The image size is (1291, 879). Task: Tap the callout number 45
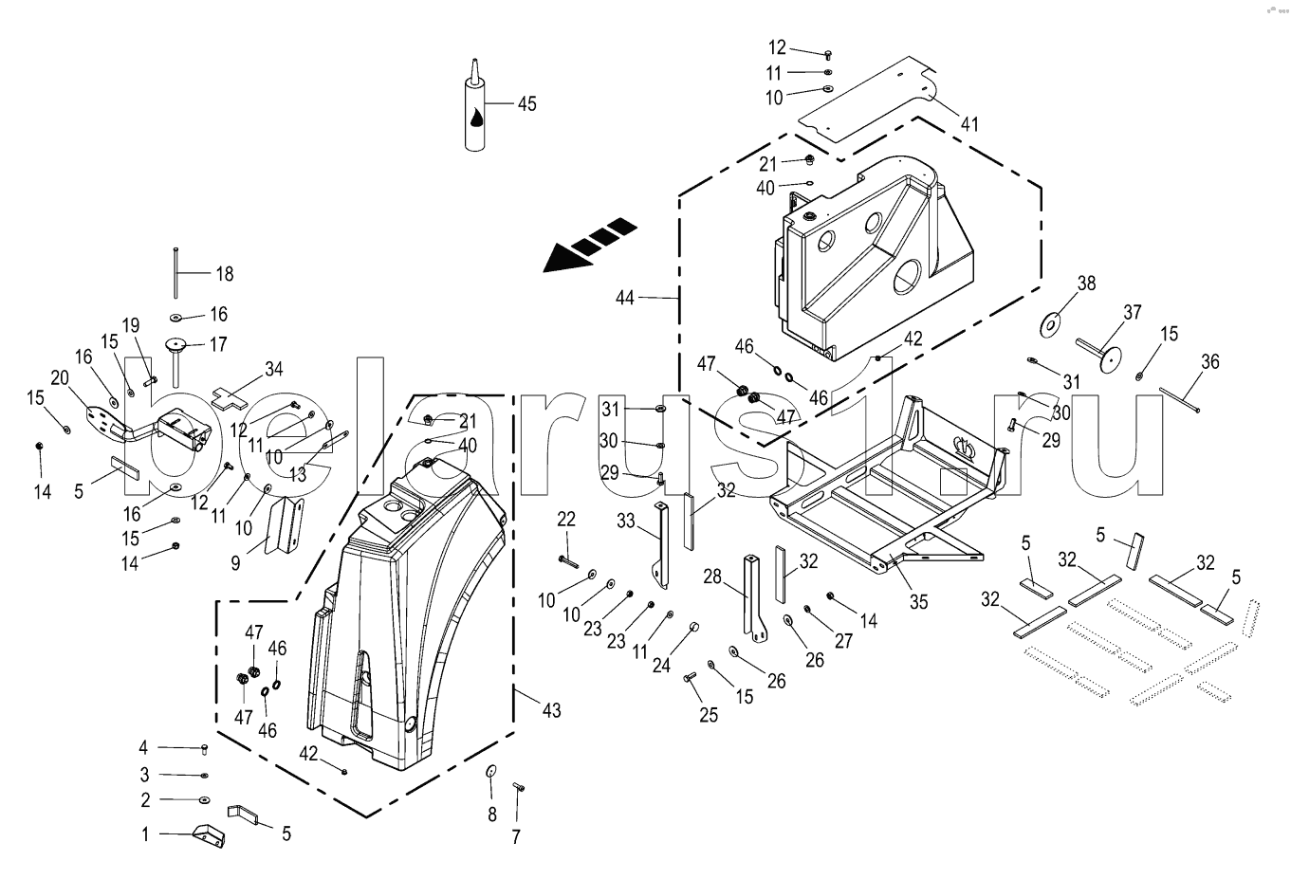pos(526,103)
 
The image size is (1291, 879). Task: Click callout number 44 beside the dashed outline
pos(624,298)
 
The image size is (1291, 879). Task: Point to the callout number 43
pos(551,709)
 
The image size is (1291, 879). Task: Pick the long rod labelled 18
pos(176,272)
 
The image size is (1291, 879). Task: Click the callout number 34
pos(273,369)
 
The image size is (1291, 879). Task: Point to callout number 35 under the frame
pos(917,601)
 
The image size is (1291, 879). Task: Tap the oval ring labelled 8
pos(491,769)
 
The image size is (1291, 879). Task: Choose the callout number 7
pos(516,836)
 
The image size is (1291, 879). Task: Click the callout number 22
pos(566,519)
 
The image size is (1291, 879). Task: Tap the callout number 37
pos(1133,312)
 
